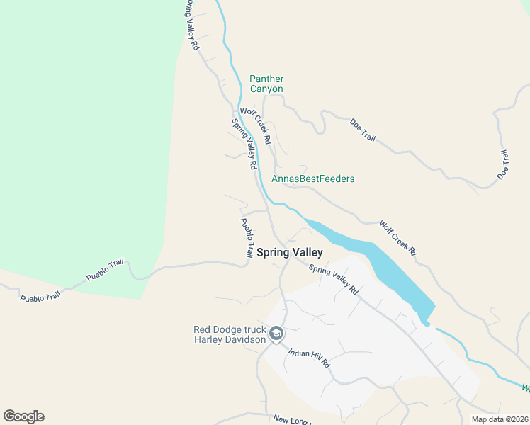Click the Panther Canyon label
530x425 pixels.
(x=266, y=84)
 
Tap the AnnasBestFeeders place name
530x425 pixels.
(x=312, y=178)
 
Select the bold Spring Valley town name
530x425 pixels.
(x=289, y=252)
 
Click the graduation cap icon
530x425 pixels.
(x=276, y=333)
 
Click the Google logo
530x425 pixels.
(x=23, y=416)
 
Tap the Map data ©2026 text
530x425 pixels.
(x=500, y=419)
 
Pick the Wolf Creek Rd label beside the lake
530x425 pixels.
(x=397, y=237)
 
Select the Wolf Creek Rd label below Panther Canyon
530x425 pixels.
(x=256, y=126)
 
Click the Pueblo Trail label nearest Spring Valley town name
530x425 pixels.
(x=247, y=238)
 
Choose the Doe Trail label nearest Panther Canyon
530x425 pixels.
(x=363, y=130)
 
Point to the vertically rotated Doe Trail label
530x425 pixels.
(x=503, y=164)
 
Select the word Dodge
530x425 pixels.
(x=230, y=329)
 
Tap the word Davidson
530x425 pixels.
(x=249, y=339)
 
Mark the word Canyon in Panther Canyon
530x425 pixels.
(x=266, y=89)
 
